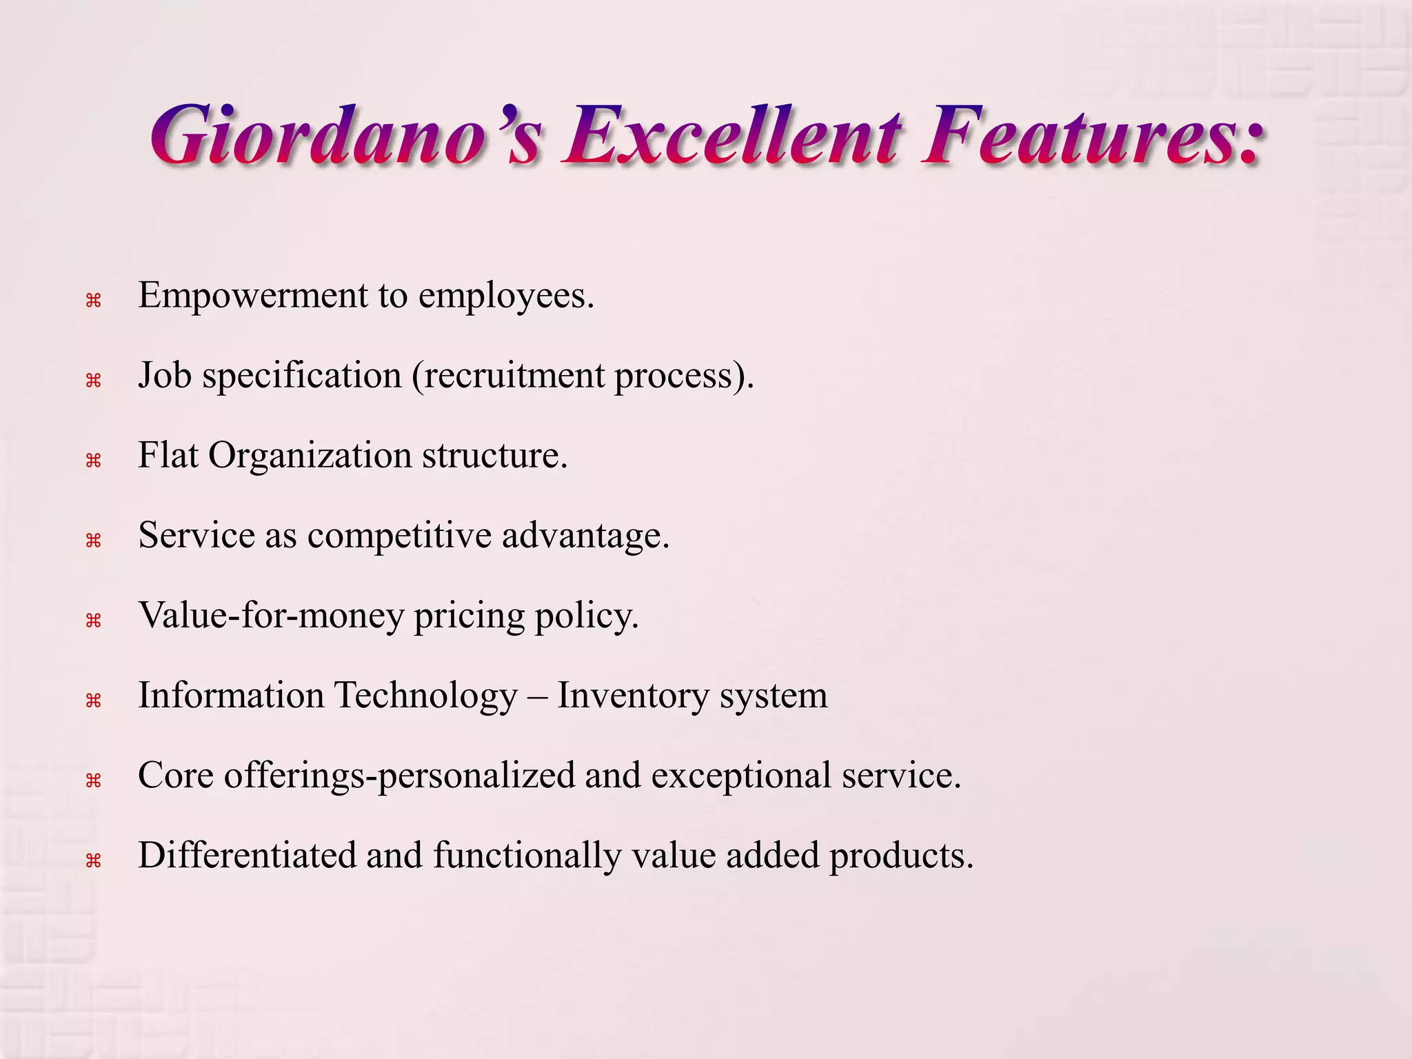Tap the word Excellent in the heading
[x=732, y=135]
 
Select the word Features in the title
[x=1093, y=135]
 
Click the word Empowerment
[x=253, y=296]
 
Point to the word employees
[x=506, y=297]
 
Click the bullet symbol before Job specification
[x=93, y=381]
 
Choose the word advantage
[x=585, y=536]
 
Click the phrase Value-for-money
[x=271, y=616]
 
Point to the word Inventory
[x=633, y=696]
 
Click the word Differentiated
[x=246, y=856]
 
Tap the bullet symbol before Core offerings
[x=93, y=780]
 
